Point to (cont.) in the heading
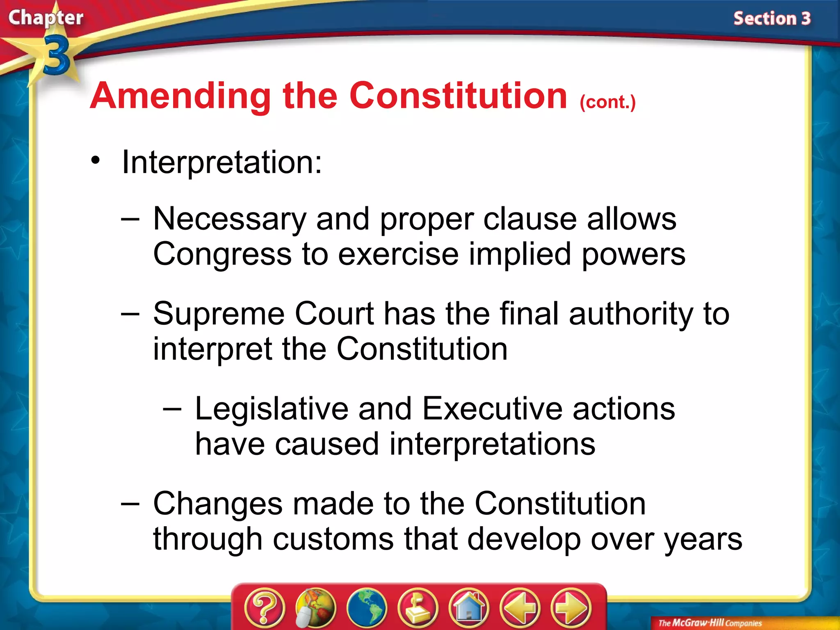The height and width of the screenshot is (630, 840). (x=607, y=102)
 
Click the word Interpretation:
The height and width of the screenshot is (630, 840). (x=222, y=162)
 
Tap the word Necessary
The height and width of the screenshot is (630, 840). (x=230, y=219)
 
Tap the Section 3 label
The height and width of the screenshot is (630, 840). (x=772, y=19)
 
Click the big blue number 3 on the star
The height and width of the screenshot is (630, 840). (x=56, y=55)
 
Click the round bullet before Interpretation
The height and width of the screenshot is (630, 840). (x=96, y=160)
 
